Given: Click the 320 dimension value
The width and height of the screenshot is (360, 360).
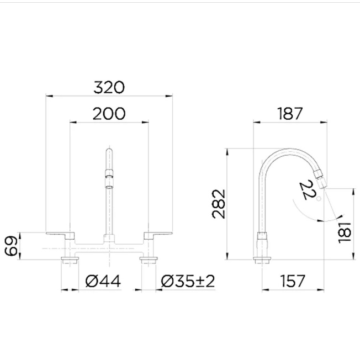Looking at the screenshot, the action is click(109, 87).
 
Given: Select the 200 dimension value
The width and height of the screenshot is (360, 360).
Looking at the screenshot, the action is click(109, 114).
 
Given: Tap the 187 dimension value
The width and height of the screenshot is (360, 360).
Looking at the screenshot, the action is click(290, 114).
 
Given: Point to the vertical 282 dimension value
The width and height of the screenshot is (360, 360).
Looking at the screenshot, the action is click(219, 204).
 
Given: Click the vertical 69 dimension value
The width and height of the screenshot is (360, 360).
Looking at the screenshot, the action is click(11, 246).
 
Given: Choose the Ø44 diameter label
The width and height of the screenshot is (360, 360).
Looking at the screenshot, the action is click(103, 281).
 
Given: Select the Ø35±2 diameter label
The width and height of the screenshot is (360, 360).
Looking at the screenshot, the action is click(188, 281).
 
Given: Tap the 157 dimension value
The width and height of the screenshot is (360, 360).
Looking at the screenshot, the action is click(293, 281).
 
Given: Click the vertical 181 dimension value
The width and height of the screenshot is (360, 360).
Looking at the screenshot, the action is click(345, 232).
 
